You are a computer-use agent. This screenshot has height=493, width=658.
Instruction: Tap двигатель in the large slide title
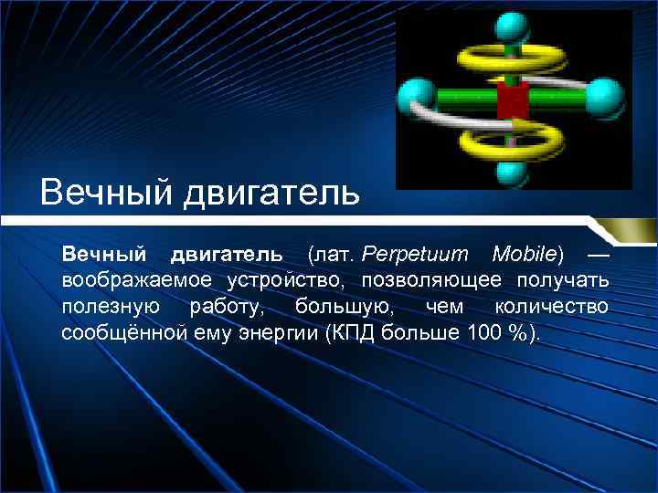(273, 194)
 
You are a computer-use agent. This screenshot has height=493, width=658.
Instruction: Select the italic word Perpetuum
(416, 252)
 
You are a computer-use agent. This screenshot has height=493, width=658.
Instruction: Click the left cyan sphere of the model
(417, 94)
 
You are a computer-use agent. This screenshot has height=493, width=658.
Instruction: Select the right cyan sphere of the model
(606, 95)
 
